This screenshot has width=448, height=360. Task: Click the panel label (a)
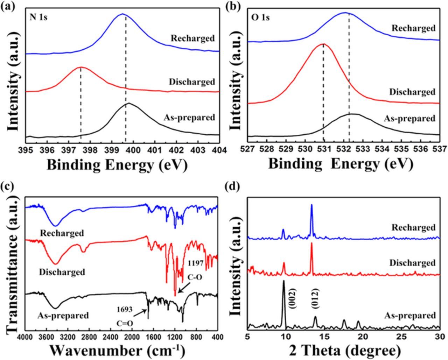point(8,6)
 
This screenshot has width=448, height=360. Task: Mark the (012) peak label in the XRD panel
point(315,298)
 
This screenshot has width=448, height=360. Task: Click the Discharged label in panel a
point(192,82)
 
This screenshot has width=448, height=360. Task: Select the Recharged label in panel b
point(413,28)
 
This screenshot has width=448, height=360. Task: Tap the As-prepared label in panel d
point(410,316)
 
